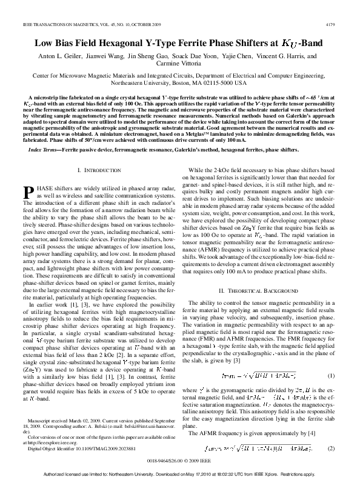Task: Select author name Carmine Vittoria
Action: (179, 64)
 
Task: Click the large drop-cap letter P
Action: (28, 192)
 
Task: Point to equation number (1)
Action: (331, 359)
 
